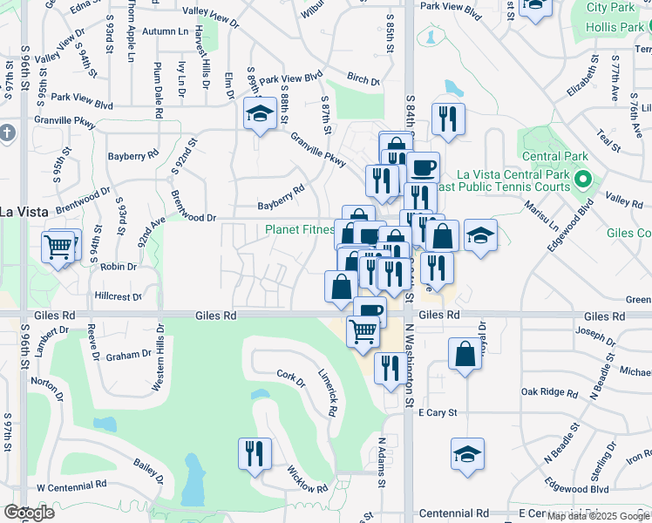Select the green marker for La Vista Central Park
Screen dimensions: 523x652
tap(586, 181)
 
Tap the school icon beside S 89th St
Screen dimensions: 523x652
tap(259, 115)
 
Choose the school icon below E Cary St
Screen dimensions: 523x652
tap(467, 453)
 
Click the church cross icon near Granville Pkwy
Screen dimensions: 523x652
tap(8, 133)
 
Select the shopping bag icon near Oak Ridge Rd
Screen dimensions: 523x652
tap(465, 354)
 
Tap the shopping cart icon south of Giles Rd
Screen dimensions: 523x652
tap(363, 331)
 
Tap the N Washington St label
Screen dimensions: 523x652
tap(408, 368)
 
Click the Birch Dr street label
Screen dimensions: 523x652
tap(363, 79)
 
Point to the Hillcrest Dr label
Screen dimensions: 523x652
tap(118, 297)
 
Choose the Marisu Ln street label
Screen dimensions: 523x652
tap(540, 214)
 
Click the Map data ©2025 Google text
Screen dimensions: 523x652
tap(598, 516)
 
